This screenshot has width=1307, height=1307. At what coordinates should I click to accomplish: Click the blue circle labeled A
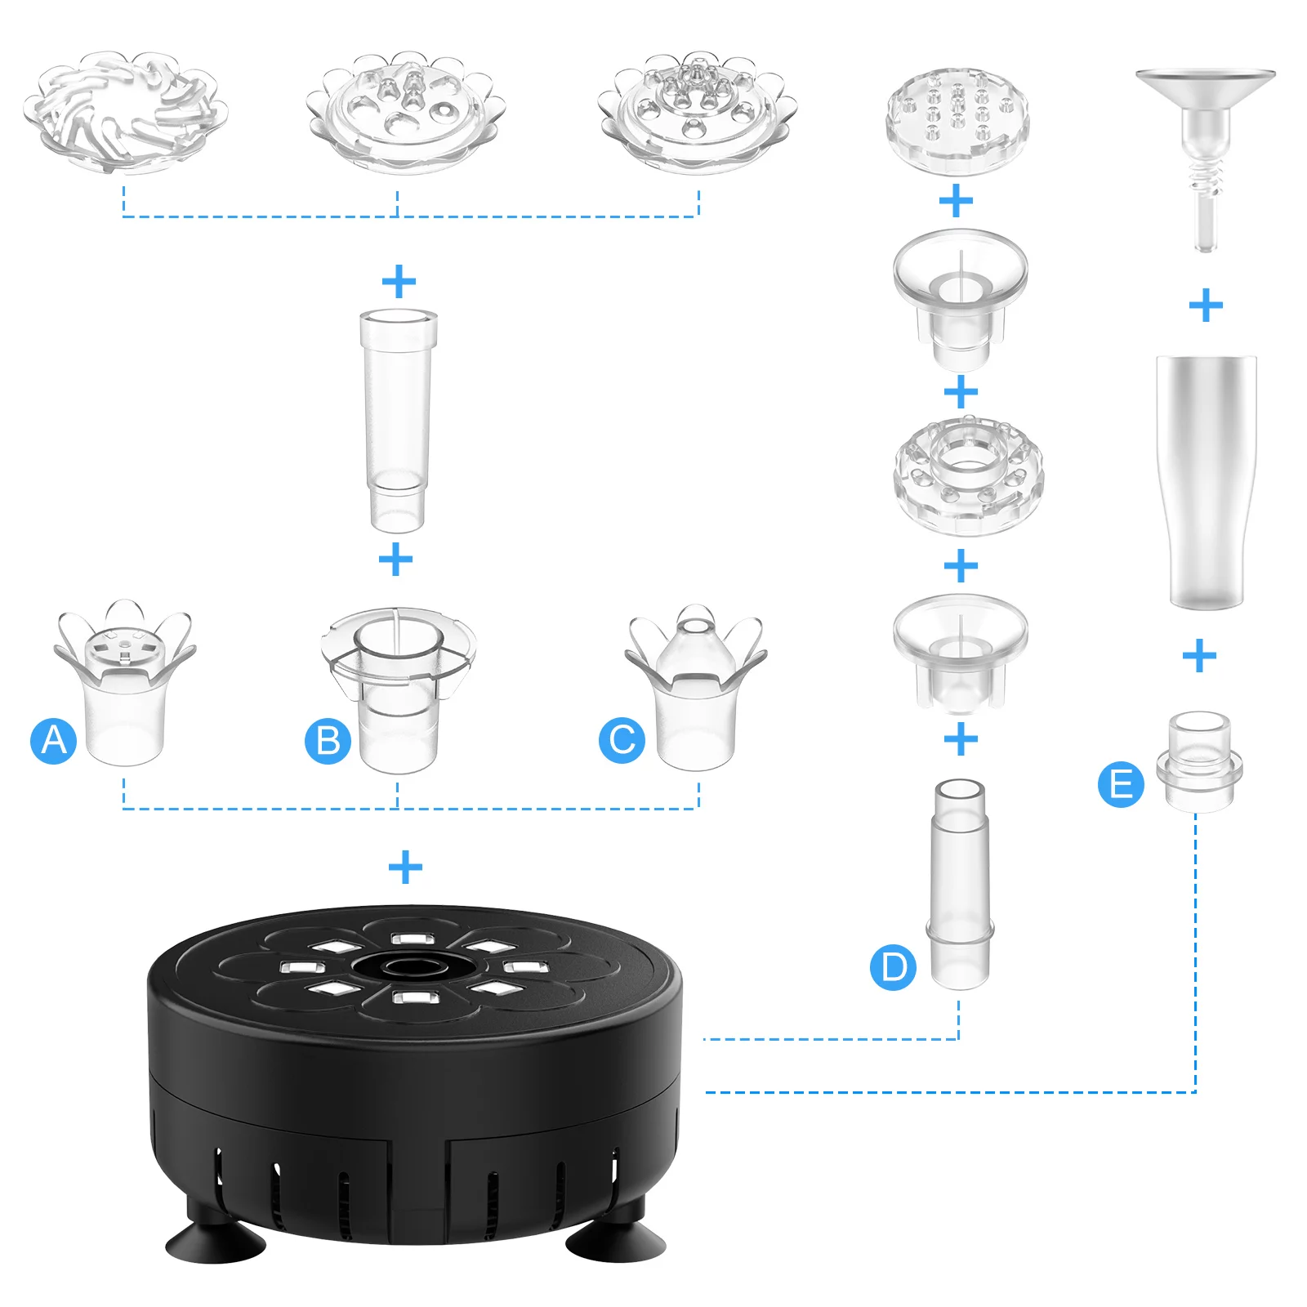(54, 741)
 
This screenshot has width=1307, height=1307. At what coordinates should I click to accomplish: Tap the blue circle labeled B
(328, 741)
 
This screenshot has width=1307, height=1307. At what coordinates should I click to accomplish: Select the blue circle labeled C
(622, 741)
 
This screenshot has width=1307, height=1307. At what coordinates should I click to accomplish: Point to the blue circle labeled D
(893, 968)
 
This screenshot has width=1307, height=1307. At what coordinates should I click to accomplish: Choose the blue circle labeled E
(1121, 784)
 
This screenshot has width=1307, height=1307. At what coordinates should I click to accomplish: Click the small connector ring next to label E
(1199, 762)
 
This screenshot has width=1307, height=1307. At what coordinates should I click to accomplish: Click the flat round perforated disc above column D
(957, 121)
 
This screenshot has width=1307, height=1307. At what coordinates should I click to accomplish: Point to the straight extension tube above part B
(398, 420)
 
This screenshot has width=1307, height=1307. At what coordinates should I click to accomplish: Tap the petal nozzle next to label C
(696, 686)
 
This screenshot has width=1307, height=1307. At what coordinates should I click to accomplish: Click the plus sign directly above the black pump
(405, 868)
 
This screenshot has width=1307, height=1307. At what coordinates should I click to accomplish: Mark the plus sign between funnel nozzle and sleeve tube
(1206, 306)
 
